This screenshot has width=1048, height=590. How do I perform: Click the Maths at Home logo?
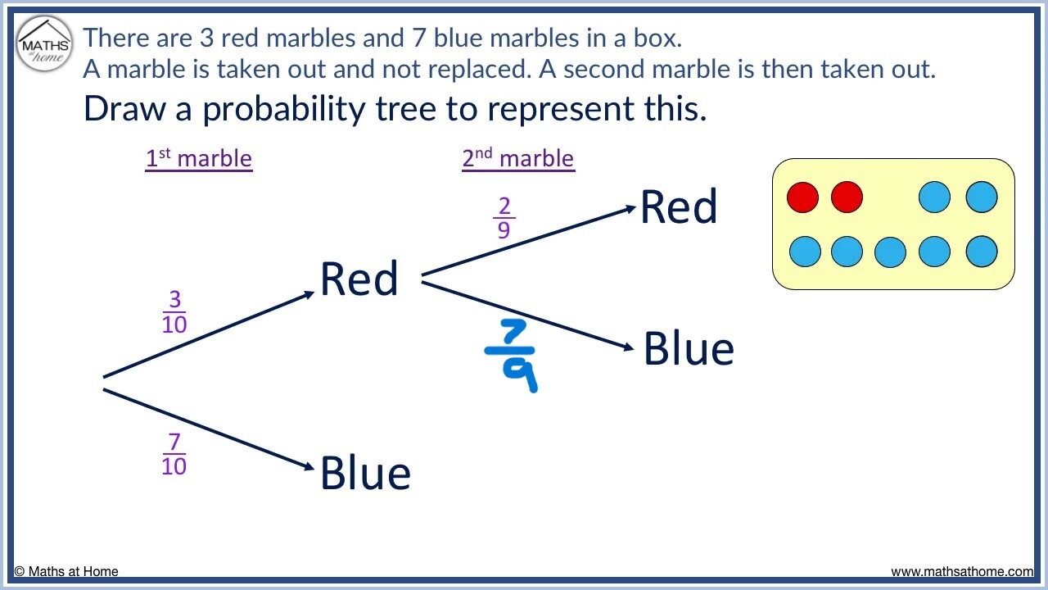[44, 44]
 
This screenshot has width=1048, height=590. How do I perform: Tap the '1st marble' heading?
[199, 158]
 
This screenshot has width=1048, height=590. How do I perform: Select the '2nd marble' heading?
[518, 158]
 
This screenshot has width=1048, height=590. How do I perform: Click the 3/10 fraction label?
[174, 311]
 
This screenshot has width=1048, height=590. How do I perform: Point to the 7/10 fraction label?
[174, 454]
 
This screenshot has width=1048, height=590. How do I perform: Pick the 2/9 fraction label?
[504, 218]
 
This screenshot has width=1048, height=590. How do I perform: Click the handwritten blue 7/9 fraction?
[511, 356]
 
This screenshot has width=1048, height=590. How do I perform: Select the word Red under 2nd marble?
[679, 206]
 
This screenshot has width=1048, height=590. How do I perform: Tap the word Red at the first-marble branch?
[359, 279]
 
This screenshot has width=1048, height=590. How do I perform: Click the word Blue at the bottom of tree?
[365, 473]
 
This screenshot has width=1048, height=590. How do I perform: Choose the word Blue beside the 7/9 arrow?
[689, 348]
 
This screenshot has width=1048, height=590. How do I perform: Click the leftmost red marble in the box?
[803, 197]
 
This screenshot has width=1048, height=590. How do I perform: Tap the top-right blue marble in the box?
[982, 197]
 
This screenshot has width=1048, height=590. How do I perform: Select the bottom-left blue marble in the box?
[805, 252]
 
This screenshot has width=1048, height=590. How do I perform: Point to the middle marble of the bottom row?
[890, 252]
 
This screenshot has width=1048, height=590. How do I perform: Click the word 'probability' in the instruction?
[284, 110]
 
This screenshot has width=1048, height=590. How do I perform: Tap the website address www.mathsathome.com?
[962, 571]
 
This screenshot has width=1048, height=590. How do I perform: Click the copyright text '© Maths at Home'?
[66, 571]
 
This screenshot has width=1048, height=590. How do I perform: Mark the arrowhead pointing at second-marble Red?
[630, 209]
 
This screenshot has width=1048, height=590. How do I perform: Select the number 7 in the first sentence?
[418, 38]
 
